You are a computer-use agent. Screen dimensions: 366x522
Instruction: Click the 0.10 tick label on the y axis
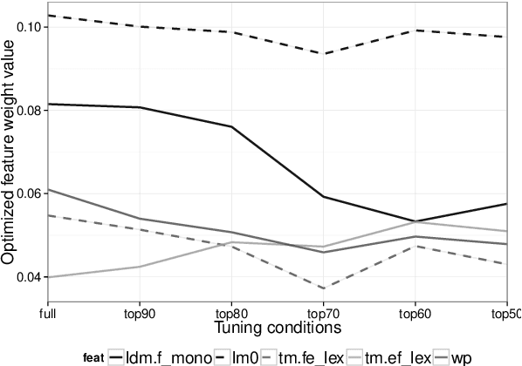27,26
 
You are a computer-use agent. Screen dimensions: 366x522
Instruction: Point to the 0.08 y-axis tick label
27,110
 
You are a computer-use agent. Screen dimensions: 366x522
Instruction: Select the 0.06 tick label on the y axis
27,193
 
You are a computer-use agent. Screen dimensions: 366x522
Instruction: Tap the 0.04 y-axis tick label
27,277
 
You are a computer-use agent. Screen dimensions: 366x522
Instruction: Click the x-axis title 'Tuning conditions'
277,328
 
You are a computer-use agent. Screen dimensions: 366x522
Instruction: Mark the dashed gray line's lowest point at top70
323,288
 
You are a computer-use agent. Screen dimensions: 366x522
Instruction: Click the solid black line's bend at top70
323,196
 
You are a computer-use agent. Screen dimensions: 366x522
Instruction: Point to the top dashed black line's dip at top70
323,54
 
